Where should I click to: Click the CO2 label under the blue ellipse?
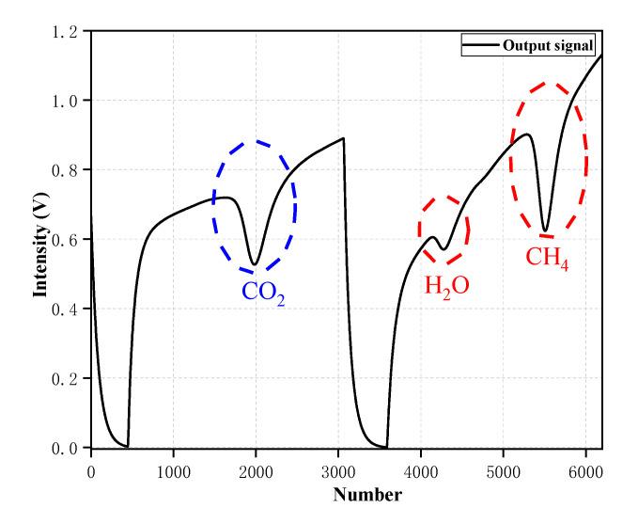tap(263, 292)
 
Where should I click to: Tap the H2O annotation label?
tap(446, 287)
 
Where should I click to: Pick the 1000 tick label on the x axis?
tap(173, 466)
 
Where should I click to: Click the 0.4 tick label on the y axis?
tap(70, 309)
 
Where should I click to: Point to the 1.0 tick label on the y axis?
tap(70, 100)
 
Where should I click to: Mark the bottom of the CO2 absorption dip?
tap(254, 264)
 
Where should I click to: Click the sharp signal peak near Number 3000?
tap(344, 138)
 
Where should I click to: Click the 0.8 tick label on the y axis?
tap(70, 169)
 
